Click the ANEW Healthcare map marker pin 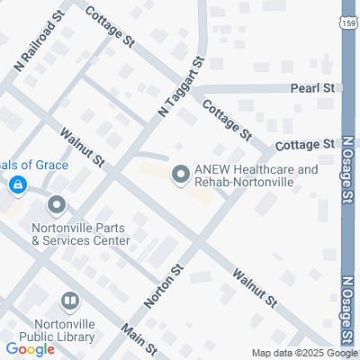[x=180, y=175]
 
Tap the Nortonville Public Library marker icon [x=69, y=301]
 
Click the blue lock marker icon [x=16, y=184]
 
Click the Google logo [x=30, y=349]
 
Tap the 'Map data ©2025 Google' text [x=304, y=353]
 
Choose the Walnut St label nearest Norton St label [x=252, y=286]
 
